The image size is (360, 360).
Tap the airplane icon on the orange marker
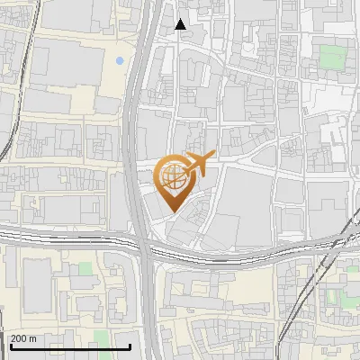coord(199,163)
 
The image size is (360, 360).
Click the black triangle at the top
coord(181,24)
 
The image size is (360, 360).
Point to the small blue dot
coord(120,61)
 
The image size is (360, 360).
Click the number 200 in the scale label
coord(20,338)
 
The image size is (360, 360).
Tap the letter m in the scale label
coord(33,338)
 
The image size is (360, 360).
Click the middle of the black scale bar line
coord(70,346)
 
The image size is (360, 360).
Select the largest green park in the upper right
coord(332,58)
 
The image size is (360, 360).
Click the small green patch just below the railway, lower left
coord(85,268)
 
